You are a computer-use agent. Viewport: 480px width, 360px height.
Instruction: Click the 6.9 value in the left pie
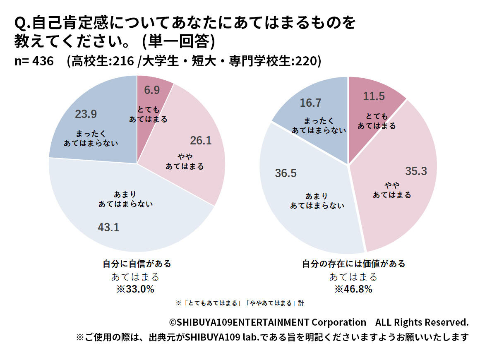pyautogui.click(x=152, y=90)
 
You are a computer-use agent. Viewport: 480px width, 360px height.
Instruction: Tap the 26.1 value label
pyautogui.click(x=201, y=141)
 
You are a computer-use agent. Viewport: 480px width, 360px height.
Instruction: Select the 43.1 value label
pyautogui.click(x=108, y=227)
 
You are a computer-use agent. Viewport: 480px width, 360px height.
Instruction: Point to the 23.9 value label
pyautogui.click(x=86, y=114)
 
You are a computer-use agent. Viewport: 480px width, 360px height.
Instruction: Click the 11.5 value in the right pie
pyautogui.click(x=374, y=96)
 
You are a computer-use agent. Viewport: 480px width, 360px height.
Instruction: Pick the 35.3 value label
pyautogui.click(x=415, y=171)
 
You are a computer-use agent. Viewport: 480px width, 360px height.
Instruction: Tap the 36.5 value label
pyautogui.click(x=286, y=173)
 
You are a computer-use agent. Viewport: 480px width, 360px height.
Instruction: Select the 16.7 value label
pyautogui.click(x=310, y=103)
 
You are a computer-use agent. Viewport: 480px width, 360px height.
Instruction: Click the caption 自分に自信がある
pyautogui.click(x=137, y=264)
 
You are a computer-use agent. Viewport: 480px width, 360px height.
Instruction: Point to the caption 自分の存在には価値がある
pyautogui.click(x=353, y=264)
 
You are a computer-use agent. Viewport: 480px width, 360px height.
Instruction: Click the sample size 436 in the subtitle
pyautogui.click(x=43, y=61)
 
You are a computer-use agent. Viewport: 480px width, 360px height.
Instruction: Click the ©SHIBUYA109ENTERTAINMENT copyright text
pyautogui.click(x=267, y=322)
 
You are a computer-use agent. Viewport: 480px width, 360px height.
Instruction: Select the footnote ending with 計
pyautogui.click(x=240, y=303)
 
